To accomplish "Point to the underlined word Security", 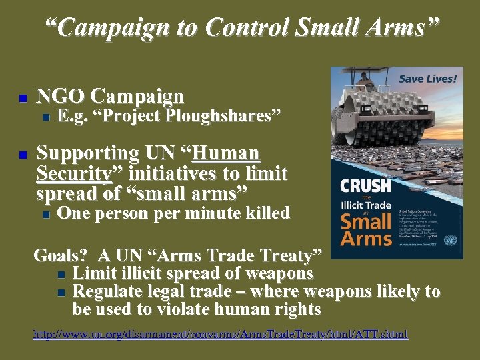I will [x=73, y=174].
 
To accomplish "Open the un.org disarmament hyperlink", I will [x=220, y=334].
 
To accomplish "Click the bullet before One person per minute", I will [x=45, y=215].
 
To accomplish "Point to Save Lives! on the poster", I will [x=427, y=79].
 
